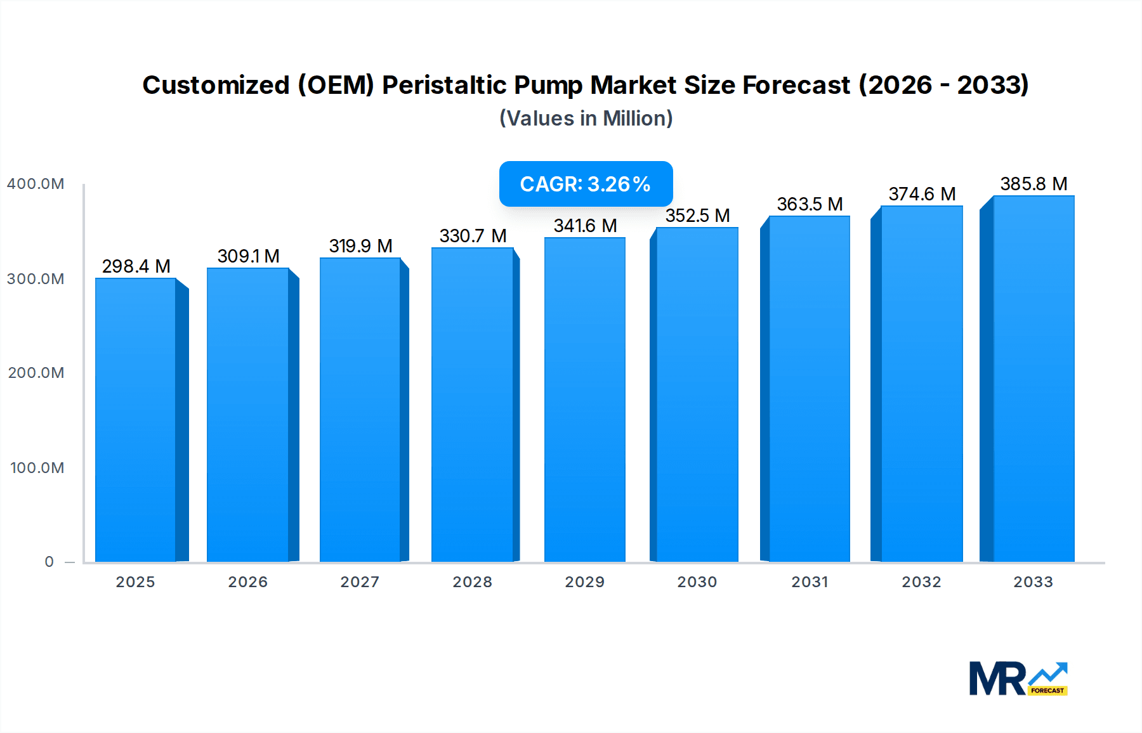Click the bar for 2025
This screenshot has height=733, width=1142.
[x=136, y=420]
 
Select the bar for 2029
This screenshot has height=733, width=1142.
[x=585, y=399]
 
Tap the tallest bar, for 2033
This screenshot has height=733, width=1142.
[x=1034, y=379]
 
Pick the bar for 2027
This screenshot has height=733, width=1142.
[x=360, y=410]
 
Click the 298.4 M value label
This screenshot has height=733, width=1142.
[x=136, y=266]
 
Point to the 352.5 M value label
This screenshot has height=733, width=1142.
[x=697, y=216]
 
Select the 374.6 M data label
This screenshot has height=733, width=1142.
[x=922, y=194]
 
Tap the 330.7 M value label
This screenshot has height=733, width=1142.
[x=473, y=236]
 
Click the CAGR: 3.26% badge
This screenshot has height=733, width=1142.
[x=586, y=184]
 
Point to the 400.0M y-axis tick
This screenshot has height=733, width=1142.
[x=36, y=184]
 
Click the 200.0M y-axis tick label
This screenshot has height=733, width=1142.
[x=36, y=373]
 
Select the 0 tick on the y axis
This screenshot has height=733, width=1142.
[x=49, y=562]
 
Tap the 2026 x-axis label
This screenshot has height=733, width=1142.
[x=248, y=582]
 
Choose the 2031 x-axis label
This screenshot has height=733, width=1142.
[x=810, y=582]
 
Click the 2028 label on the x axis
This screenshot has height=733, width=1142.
[x=473, y=582]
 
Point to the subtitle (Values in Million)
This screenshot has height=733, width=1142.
[x=586, y=119]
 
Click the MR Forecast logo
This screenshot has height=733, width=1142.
[x=1018, y=678]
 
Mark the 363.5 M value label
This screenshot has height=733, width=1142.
[x=810, y=204]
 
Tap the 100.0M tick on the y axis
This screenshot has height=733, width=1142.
[x=37, y=468]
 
